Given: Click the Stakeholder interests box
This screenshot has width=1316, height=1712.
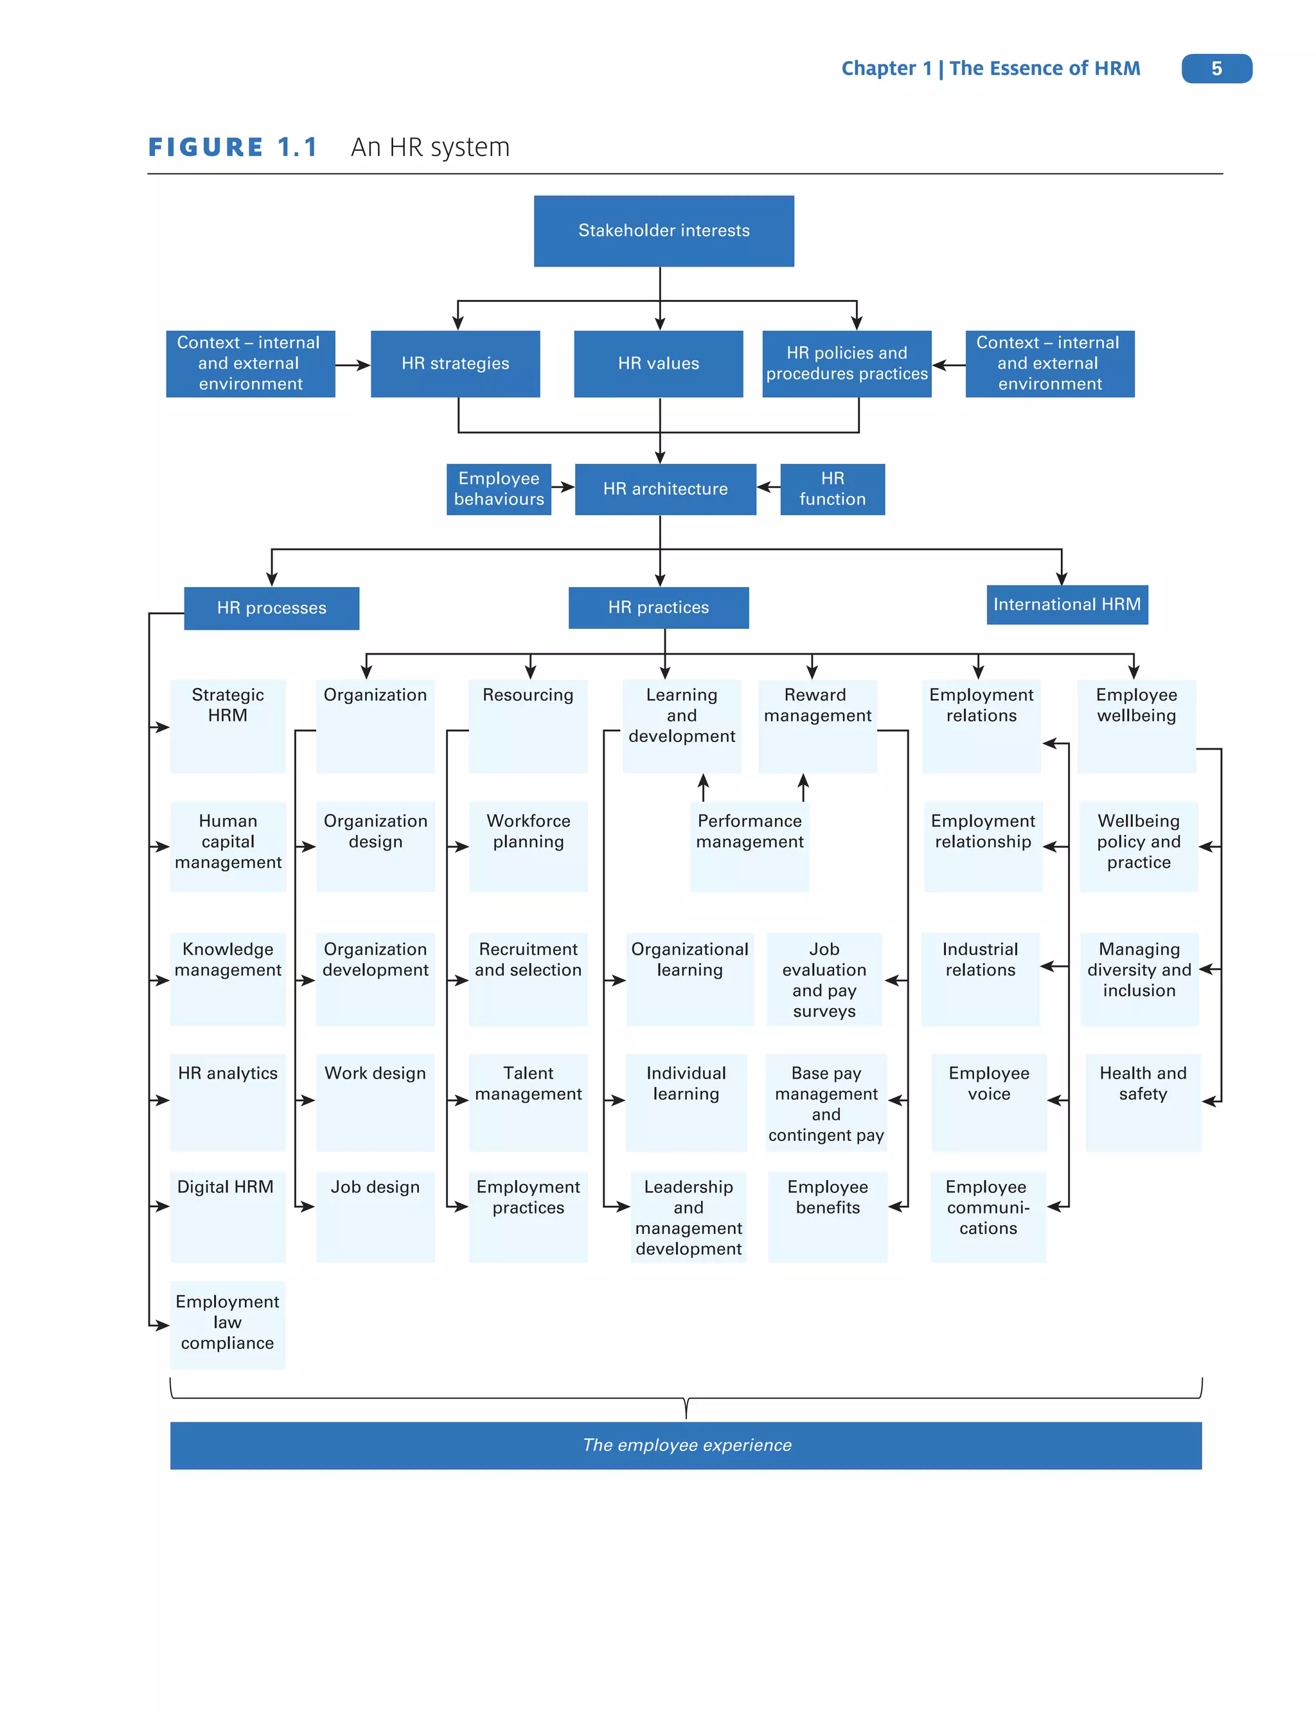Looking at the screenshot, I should (664, 231).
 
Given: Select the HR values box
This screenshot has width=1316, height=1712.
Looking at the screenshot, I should (658, 364).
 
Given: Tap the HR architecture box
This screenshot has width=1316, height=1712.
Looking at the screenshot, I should (665, 489).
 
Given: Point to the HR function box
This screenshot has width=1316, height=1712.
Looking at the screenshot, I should (832, 489).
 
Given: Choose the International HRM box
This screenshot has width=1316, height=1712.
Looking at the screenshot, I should (1067, 604).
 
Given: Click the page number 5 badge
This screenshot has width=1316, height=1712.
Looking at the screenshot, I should (1216, 69).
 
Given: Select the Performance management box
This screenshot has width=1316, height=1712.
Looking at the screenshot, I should (750, 846).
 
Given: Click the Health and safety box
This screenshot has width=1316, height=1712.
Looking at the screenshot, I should (1143, 1101).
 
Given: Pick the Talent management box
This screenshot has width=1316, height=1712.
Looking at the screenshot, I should (528, 1101).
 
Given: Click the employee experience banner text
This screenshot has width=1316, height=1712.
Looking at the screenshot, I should (686, 1445).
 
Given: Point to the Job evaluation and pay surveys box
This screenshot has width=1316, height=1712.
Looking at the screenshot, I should (824, 980).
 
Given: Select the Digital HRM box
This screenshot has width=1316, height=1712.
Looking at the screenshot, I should (227, 1215).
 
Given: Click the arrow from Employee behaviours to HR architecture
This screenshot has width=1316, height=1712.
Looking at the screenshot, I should (563, 487).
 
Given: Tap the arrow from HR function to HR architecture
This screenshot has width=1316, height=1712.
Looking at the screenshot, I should (769, 487).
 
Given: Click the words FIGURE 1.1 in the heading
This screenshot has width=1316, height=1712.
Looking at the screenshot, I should (233, 147).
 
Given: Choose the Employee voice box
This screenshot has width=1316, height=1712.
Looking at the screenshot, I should (988, 1101).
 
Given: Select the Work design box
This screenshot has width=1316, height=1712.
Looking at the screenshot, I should (375, 1101).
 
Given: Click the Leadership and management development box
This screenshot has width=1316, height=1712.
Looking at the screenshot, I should (689, 1216).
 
